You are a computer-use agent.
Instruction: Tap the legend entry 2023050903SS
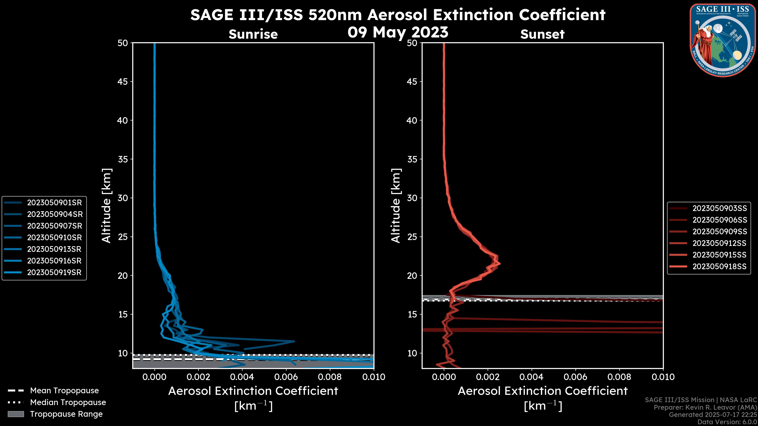tap(720, 208)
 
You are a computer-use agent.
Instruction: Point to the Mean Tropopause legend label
tap(64, 390)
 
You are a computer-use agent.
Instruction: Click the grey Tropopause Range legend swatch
tap(16, 414)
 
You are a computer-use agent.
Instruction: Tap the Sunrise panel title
tap(253, 34)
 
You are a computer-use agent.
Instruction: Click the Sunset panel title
tap(542, 34)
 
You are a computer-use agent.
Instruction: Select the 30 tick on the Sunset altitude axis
tap(412, 198)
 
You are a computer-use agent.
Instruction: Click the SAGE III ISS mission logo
tap(723, 40)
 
